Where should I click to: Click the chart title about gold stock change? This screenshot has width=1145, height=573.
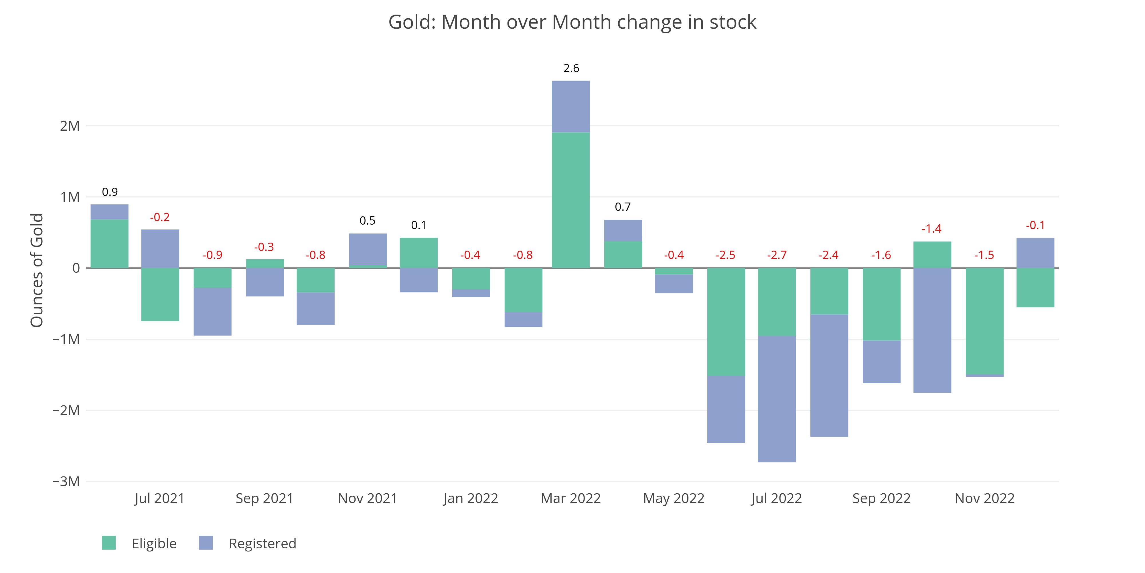click(x=572, y=22)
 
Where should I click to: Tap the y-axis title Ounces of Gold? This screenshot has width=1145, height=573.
click(x=37, y=270)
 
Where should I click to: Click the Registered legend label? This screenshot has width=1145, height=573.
click(x=262, y=544)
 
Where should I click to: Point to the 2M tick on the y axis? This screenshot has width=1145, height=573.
click(x=70, y=126)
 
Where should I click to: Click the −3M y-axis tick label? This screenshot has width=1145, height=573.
click(x=66, y=481)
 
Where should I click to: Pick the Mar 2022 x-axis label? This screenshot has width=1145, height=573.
click(x=571, y=498)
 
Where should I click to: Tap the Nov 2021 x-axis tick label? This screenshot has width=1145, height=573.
click(x=368, y=498)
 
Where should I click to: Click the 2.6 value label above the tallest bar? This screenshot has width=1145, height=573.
click(x=571, y=68)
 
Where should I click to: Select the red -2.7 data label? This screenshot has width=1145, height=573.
click(x=777, y=255)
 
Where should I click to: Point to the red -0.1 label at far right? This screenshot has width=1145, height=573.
click(x=1035, y=225)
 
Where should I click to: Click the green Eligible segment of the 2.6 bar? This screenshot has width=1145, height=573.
click(x=571, y=200)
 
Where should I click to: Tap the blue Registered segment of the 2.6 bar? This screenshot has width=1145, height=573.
click(x=571, y=107)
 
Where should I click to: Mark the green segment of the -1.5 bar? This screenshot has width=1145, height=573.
click(x=984, y=321)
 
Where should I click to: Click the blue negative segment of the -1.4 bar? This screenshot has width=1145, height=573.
click(x=932, y=330)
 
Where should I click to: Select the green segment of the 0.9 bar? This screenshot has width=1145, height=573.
click(x=109, y=244)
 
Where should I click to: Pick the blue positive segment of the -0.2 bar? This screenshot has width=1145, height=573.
click(x=160, y=249)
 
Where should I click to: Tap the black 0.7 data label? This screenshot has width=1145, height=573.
click(x=623, y=207)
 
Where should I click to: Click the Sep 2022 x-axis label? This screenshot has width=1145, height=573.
click(x=881, y=498)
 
